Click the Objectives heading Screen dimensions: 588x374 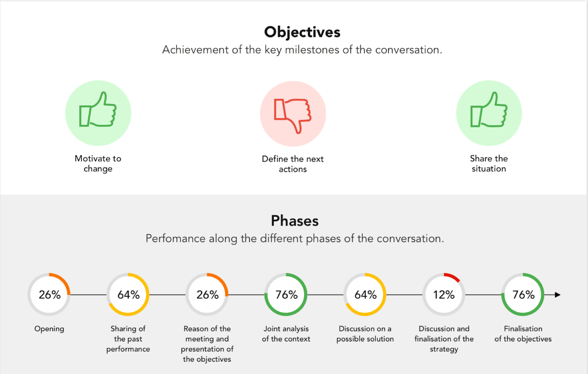[302, 32]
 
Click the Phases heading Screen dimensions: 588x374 [294, 221]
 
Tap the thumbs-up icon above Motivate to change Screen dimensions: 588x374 [98, 109]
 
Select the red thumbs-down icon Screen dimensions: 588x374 [293, 116]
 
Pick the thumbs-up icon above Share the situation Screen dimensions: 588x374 [489, 109]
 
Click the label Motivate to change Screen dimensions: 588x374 [98, 163]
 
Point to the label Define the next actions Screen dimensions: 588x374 [293, 164]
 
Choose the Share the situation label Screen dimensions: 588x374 [489, 163]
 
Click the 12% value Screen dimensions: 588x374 [444, 295]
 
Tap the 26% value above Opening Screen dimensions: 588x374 [50, 295]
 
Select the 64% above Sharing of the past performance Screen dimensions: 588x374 [128, 295]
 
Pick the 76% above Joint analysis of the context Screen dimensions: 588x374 [286, 295]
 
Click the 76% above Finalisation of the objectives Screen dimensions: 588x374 [524, 295]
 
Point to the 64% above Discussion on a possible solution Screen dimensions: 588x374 [365, 295]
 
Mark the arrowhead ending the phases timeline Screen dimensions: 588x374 [558, 295]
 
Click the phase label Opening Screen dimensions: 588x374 [49, 329]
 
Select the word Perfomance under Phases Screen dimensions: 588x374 [175, 239]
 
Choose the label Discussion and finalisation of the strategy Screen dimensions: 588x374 [444, 339]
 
